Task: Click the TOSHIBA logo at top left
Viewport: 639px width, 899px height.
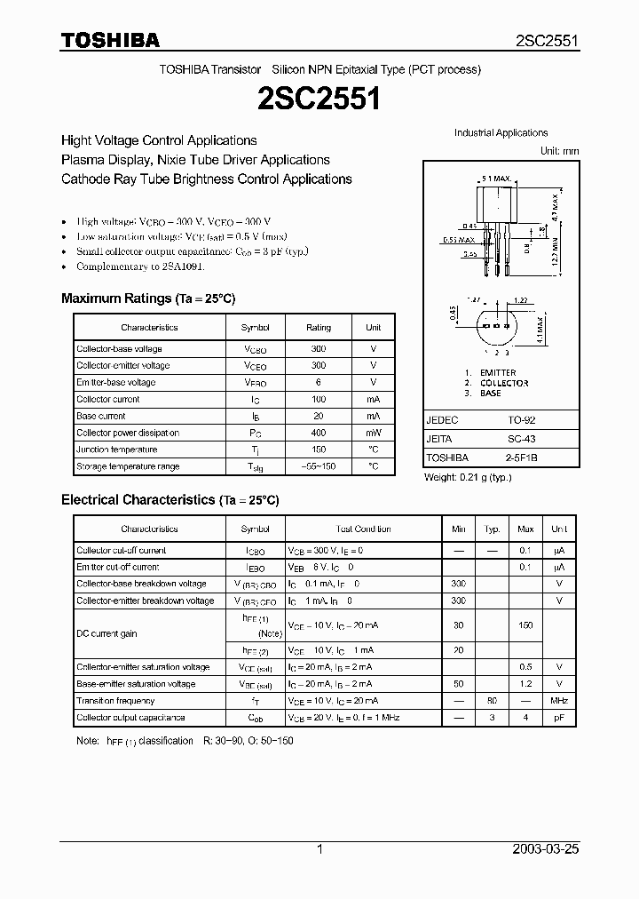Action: click(x=110, y=41)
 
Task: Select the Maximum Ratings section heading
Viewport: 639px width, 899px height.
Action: click(x=148, y=298)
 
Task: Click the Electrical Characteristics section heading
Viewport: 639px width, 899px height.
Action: click(x=170, y=500)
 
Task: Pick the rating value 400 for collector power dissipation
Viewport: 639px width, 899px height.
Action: click(x=319, y=433)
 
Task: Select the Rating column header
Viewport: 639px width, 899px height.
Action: click(x=319, y=328)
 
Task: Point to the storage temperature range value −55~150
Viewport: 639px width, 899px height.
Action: click(x=319, y=466)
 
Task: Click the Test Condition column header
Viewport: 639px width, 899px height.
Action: click(x=364, y=529)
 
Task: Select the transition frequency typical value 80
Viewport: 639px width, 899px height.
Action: click(x=492, y=701)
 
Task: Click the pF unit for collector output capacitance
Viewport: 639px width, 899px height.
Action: click(x=559, y=718)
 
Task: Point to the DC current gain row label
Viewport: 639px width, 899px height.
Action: click(x=106, y=633)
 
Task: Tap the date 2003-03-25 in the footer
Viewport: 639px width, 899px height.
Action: click(x=546, y=849)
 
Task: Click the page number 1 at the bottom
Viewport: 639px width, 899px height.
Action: click(x=319, y=849)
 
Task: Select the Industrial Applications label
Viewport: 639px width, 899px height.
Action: click(x=501, y=133)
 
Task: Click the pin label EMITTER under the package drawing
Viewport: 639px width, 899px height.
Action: click(x=497, y=373)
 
